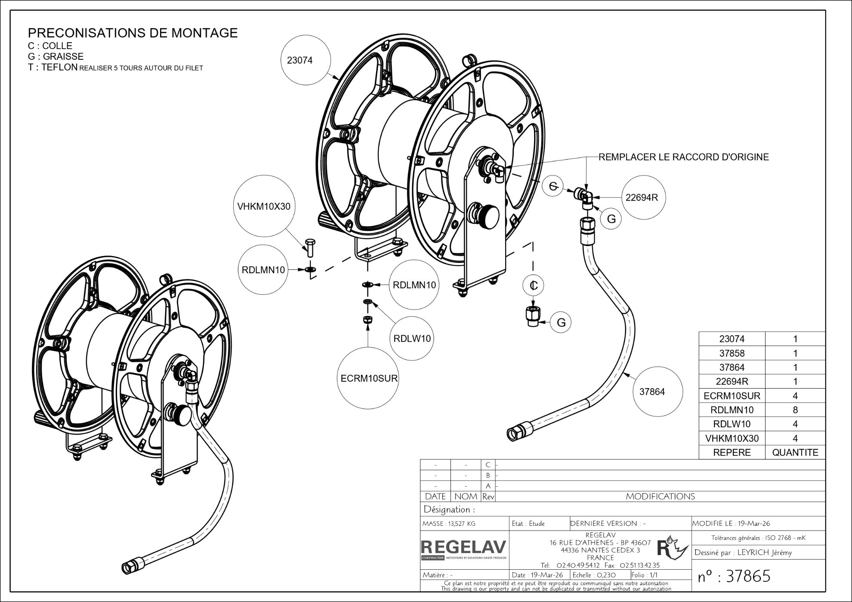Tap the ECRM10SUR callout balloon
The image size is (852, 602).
[368, 379]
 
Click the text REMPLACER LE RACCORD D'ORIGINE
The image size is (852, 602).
[684, 157]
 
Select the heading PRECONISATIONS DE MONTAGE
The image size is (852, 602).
[133, 33]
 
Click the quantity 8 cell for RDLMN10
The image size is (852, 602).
[795, 410]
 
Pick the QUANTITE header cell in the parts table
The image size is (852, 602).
[795, 453]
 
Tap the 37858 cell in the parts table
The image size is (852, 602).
[732, 353]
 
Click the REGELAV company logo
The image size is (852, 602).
[463, 549]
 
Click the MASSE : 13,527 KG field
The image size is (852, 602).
[449, 524]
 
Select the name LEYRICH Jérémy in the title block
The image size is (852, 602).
[764, 553]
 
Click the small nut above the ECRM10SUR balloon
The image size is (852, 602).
[367, 321]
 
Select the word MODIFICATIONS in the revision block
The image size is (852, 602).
[660, 497]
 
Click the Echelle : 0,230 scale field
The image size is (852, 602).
[594, 575]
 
